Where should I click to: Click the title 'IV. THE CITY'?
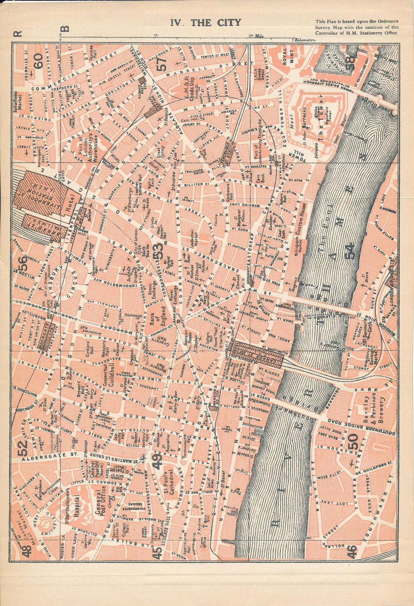[206, 23]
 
